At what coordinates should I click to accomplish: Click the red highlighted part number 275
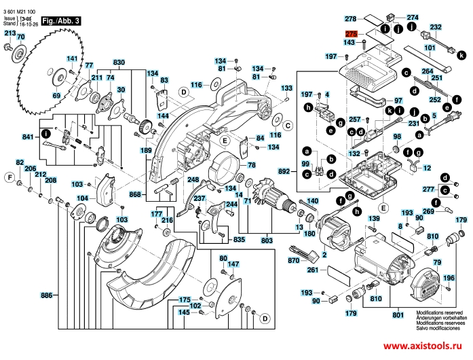(x=351, y=34)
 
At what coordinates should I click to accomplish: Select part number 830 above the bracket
(x=119, y=62)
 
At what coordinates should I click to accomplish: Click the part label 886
(x=46, y=295)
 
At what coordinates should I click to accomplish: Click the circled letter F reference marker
(x=10, y=177)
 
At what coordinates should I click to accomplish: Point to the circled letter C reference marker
(x=288, y=126)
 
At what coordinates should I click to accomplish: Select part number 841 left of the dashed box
(x=28, y=137)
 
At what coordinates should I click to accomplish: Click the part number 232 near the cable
(x=436, y=28)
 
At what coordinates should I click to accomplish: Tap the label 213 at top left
(x=10, y=33)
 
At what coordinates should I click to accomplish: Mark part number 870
(x=293, y=261)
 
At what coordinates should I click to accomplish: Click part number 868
(x=135, y=195)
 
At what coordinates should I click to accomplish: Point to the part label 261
(x=312, y=270)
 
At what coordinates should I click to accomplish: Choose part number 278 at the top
(x=350, y=18)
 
